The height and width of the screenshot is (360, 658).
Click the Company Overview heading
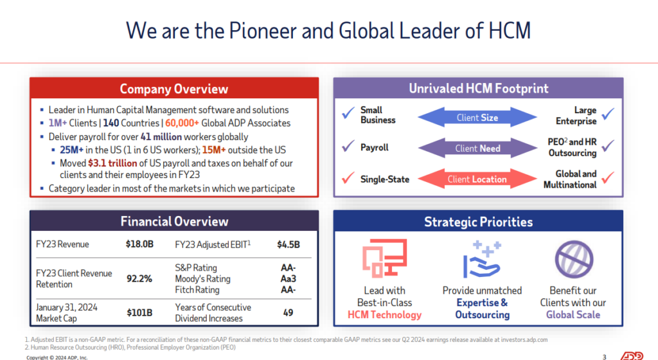(173, 89)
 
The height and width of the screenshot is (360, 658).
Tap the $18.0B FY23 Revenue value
(139, 244)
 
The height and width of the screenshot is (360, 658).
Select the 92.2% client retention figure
(139, 278)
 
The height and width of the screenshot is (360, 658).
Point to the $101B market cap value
(139, 312)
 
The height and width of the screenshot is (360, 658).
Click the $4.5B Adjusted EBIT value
(289, 244)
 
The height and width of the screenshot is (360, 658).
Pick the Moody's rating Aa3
(289, 278)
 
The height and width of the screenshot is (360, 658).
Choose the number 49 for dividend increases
(289, 312)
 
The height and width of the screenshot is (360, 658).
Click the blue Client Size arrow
(477, 118)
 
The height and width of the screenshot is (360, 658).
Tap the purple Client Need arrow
(477, 148)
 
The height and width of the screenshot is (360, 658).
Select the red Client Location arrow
(477, 179)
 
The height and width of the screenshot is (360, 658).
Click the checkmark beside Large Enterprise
(607, 114)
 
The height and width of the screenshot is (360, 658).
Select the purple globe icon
(573, 260)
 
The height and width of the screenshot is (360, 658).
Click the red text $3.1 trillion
(112, 163)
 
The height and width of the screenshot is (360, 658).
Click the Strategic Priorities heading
(478, 222)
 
